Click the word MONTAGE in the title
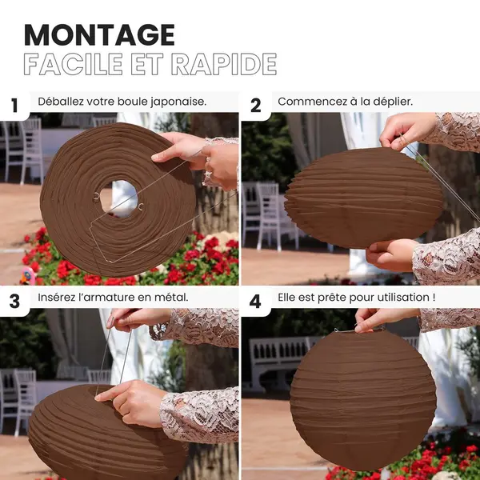point(99,35)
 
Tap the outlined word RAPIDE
point(224,64)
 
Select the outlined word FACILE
point(73,64)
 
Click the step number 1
point(14,106)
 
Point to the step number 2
point(256,106)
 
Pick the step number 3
point(14,302)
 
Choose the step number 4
point(255,302)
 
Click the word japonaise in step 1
point(178,102)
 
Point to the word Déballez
point(61,102)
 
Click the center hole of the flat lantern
point(118,198)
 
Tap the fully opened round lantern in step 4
point(363,399)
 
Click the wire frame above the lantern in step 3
point(114,357)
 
